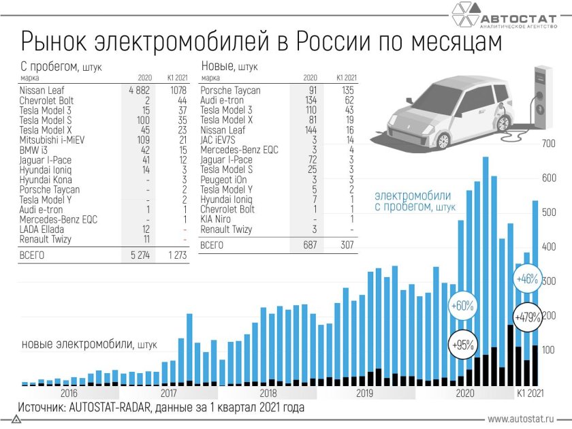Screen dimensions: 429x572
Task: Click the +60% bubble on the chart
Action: [462, 306]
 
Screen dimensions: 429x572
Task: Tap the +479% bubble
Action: [528, 317]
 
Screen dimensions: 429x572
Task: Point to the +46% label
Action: [527, 279]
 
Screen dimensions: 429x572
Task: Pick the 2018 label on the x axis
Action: [268, 393]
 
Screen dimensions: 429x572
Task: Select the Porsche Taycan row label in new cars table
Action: [231, 90]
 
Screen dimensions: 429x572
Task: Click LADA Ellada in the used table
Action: [42, 229]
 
